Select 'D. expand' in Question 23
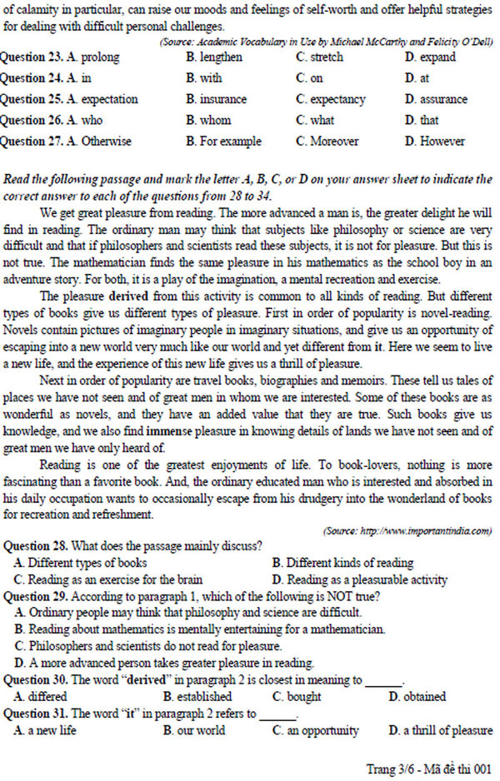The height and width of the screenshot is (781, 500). click(430, 57)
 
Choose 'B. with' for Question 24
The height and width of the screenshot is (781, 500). click(204, 78)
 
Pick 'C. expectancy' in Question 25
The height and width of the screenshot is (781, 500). click(331, 99)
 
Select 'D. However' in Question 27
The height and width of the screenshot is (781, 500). click(435, 141)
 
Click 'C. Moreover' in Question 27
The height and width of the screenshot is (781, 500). click(327, 141)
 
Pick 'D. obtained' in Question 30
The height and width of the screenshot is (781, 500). click(417, 696)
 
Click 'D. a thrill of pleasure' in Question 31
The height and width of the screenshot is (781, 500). click(440, 730)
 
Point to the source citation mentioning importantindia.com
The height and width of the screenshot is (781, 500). click(407, 530)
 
